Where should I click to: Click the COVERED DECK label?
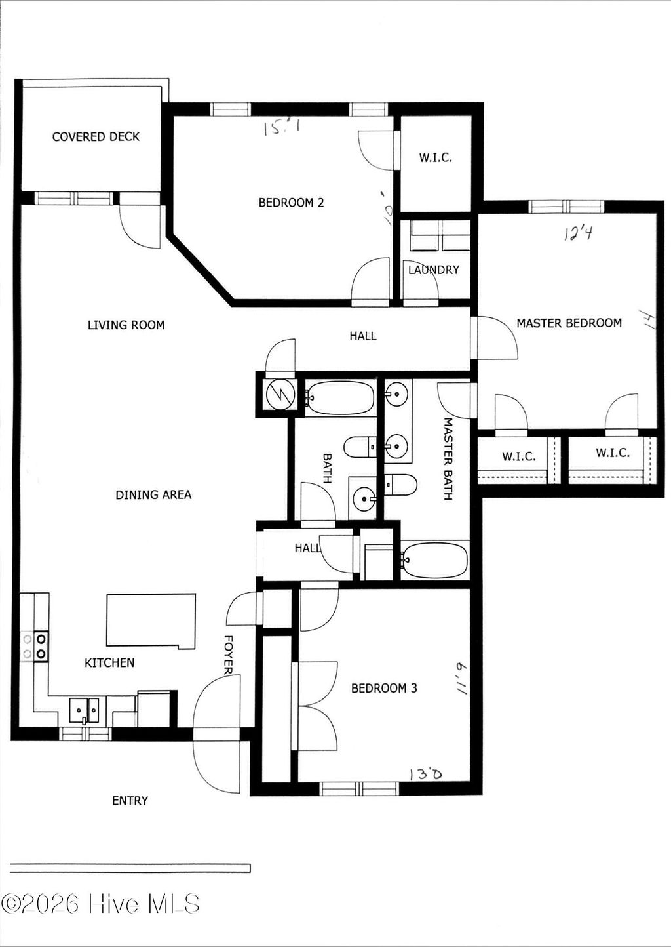click(96, 136)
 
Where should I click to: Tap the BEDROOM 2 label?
click(291, 203)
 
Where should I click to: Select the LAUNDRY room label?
click(433, 270)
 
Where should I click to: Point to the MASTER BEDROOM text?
click(569, 323)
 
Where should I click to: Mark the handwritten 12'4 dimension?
click(577, 233)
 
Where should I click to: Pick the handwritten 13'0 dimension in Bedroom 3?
click(425, 775)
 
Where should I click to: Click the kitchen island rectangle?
click(151, 620)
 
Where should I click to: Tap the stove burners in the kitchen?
click(35, 645)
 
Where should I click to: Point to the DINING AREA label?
click(153, 494)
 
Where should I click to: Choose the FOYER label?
click(228, 654)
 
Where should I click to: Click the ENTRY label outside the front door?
click(130, 800)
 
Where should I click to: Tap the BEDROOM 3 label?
click(384, 688)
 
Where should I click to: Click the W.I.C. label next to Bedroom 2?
click(435, 158)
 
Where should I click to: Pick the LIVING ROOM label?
click(126, 325)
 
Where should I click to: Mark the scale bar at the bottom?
click(130, 868)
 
